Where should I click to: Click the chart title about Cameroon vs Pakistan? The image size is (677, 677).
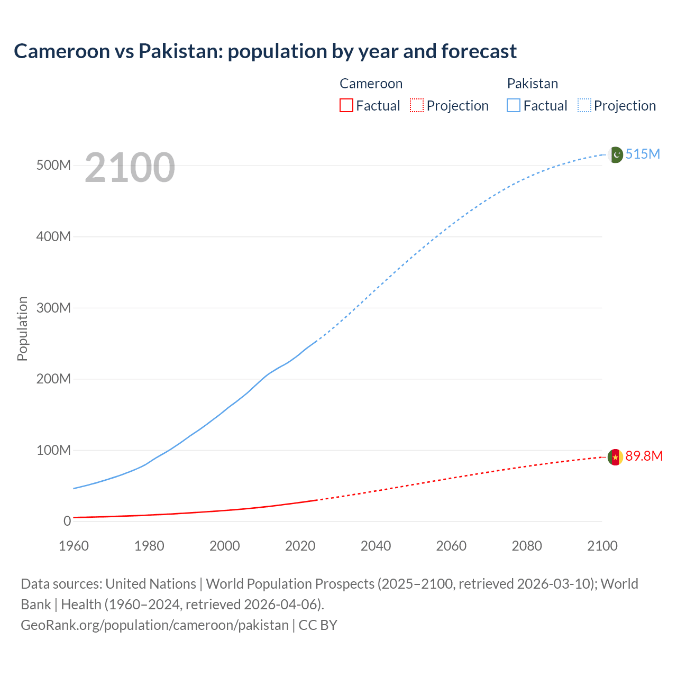pos(265,51)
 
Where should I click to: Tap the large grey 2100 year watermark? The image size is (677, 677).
pos(130,168)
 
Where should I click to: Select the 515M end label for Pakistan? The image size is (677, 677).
pos(643,154)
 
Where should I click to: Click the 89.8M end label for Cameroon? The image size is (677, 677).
pos(644,456)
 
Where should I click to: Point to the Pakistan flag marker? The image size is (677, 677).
pos(615,155)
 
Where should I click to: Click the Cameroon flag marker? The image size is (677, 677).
pos(615,457)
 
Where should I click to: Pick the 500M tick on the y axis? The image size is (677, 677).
pos(53,165)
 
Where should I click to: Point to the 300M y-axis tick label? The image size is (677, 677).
pos(53,308)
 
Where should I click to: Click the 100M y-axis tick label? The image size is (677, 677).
pos(53,450)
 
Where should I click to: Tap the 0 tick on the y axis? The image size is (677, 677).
pos(67,521)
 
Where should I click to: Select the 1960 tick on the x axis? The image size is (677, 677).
pos(74,546)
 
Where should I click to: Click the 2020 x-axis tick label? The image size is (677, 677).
pos(300,546)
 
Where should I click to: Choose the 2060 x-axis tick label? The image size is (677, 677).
pos(451,546)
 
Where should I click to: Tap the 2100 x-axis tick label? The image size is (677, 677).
pos(602,546)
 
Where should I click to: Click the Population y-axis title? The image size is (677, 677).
pos(22,328)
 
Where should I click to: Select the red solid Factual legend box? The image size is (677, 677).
pos(346,105)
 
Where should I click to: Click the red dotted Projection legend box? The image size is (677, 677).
pos(417,105)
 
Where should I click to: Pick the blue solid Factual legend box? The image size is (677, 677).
pos(514,105)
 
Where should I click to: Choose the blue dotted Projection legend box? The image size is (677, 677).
pos(584,105)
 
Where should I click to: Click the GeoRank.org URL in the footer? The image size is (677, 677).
pos(154,625)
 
